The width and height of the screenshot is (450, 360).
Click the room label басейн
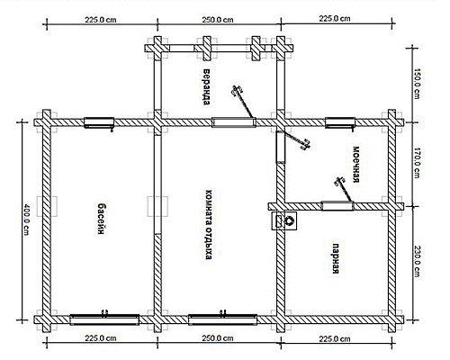click(103, 219)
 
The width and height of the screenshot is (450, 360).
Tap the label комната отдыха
click(209, 224)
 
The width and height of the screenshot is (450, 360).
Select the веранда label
click(206, 87)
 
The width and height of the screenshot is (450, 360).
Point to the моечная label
click(355, 165)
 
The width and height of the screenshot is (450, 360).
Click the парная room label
click(336, 258)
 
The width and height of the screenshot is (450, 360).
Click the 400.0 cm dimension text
click(26, 220)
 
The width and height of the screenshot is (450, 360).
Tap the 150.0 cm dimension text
click(417, 84)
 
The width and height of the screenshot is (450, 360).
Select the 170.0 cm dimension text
click(417, 163)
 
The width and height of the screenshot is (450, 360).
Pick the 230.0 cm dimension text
click(417, 262)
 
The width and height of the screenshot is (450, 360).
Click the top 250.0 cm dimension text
click(218, 20)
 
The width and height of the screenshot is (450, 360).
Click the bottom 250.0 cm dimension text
click(218, 338)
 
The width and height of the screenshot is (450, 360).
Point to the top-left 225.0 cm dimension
click(100, 20)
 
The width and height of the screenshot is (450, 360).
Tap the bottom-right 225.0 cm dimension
click(335, 338)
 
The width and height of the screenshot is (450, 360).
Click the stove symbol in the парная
click(284, 220)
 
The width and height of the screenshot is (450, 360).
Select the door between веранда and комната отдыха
click(234, 122)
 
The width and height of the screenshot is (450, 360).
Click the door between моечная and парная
click(337, 206)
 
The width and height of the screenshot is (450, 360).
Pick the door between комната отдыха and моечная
click(281, 148)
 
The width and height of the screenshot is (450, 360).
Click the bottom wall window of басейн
click(104, 319)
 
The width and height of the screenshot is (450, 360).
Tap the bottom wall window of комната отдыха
click(222, 319)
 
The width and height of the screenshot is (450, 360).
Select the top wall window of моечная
click(340, 122)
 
